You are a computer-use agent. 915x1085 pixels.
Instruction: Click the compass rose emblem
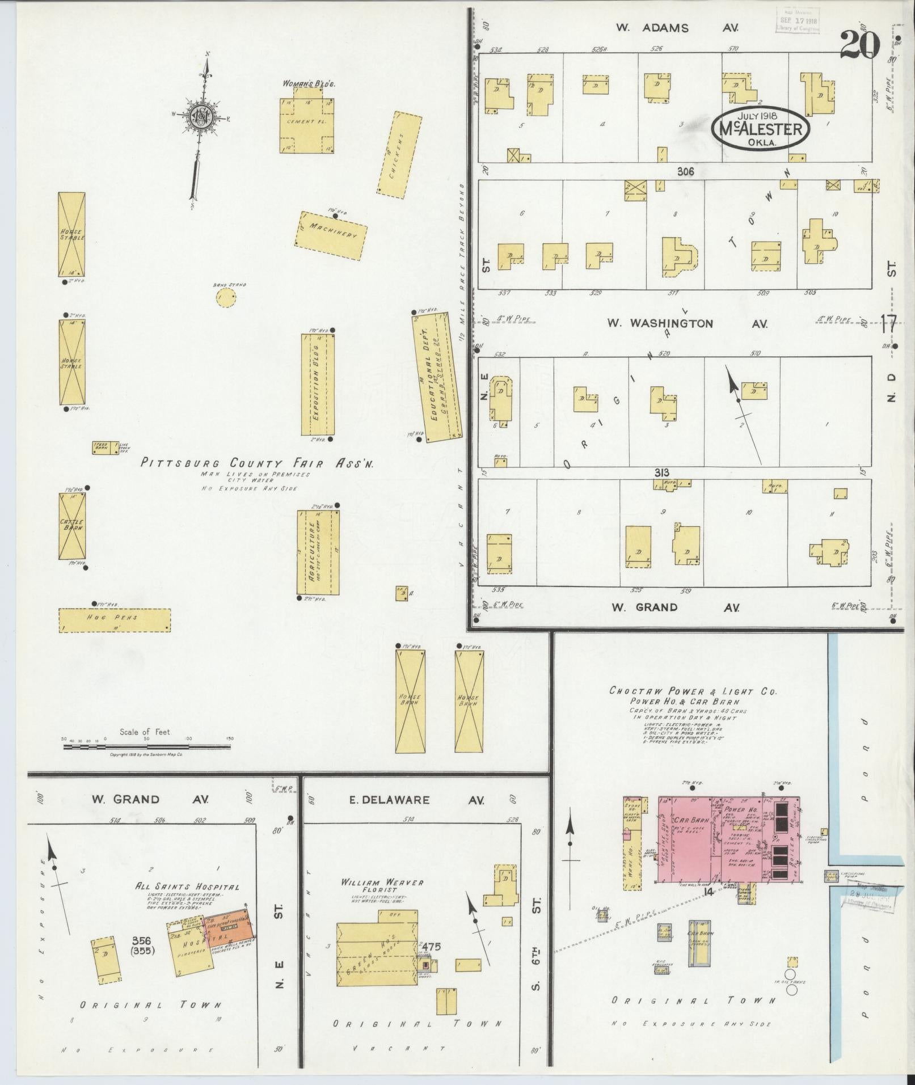(x=202, y=117)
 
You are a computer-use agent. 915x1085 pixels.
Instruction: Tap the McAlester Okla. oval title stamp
(x=760, y=129)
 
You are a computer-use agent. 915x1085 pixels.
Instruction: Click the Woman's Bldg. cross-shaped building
(x=306, y=125)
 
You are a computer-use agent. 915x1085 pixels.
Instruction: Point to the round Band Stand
(x=226, y=297)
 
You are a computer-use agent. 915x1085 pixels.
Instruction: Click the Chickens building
(x=399, y=154)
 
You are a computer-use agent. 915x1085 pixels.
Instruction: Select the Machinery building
(x=331, y=235)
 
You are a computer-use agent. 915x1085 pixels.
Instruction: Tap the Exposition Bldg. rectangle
(x=318, y=385)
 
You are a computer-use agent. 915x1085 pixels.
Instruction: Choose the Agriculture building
(x=318, y=552)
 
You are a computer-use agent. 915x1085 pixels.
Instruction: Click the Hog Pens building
(x=115, y=620)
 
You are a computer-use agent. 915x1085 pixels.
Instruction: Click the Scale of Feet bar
(x=146, y=747)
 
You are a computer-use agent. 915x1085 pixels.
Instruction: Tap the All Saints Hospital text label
(x=187, y=887)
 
